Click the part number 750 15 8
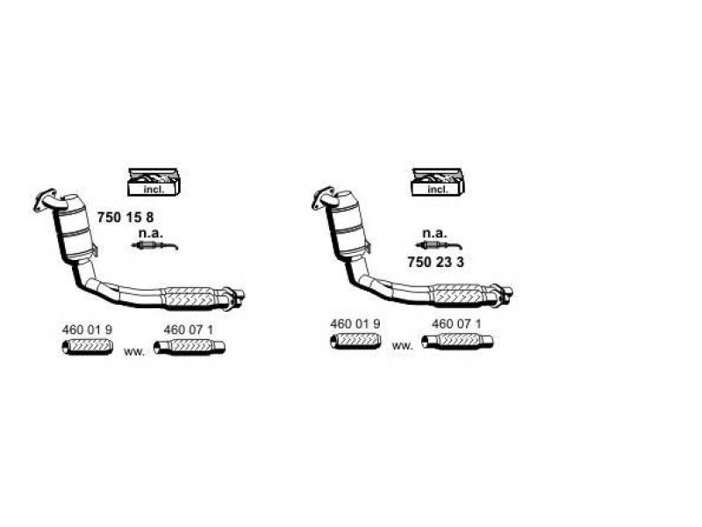click(x=125, y=217)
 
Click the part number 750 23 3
click(x=435, y=262)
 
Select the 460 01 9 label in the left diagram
click(x=87, y=330)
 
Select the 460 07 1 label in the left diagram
click(x=189, y=330)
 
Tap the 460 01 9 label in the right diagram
click(x=355, y=323)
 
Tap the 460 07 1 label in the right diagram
click(x=456, y=323)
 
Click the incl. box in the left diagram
click(x=154, y=182)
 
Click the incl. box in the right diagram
click(x=438, y=182)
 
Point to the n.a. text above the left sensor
click(x=151, y=233)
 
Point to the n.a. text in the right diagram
click(x=434, y=233)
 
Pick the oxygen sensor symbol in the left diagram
click(x=154, y=245)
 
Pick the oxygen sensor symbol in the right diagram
click(x=439, y=245)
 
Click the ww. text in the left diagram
click(x=134, y=352)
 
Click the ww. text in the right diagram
click(x=402, y=346)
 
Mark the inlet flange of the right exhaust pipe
click(x=323, y=198)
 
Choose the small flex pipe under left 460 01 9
click(x=87, y=347)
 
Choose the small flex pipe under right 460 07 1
click(x=457, y=342)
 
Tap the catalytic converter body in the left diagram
click(x=77, y=228)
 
